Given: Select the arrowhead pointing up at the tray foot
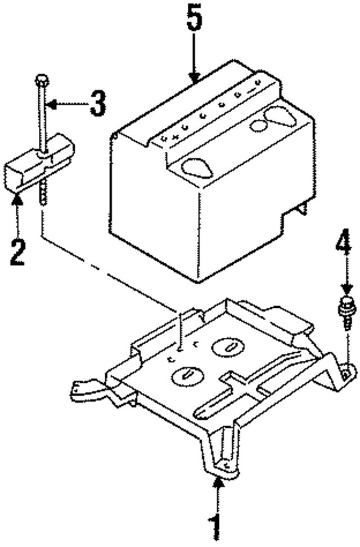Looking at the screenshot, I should (216, 482).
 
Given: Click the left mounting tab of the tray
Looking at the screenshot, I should (79, 389).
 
